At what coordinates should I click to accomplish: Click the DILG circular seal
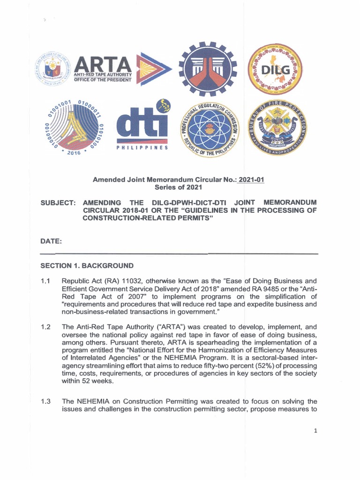pos(276,68)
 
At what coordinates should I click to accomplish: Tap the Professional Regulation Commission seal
pos(209,127)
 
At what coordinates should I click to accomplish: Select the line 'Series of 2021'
pos(180,187)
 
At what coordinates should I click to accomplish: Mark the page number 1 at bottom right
pos(316,432)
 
